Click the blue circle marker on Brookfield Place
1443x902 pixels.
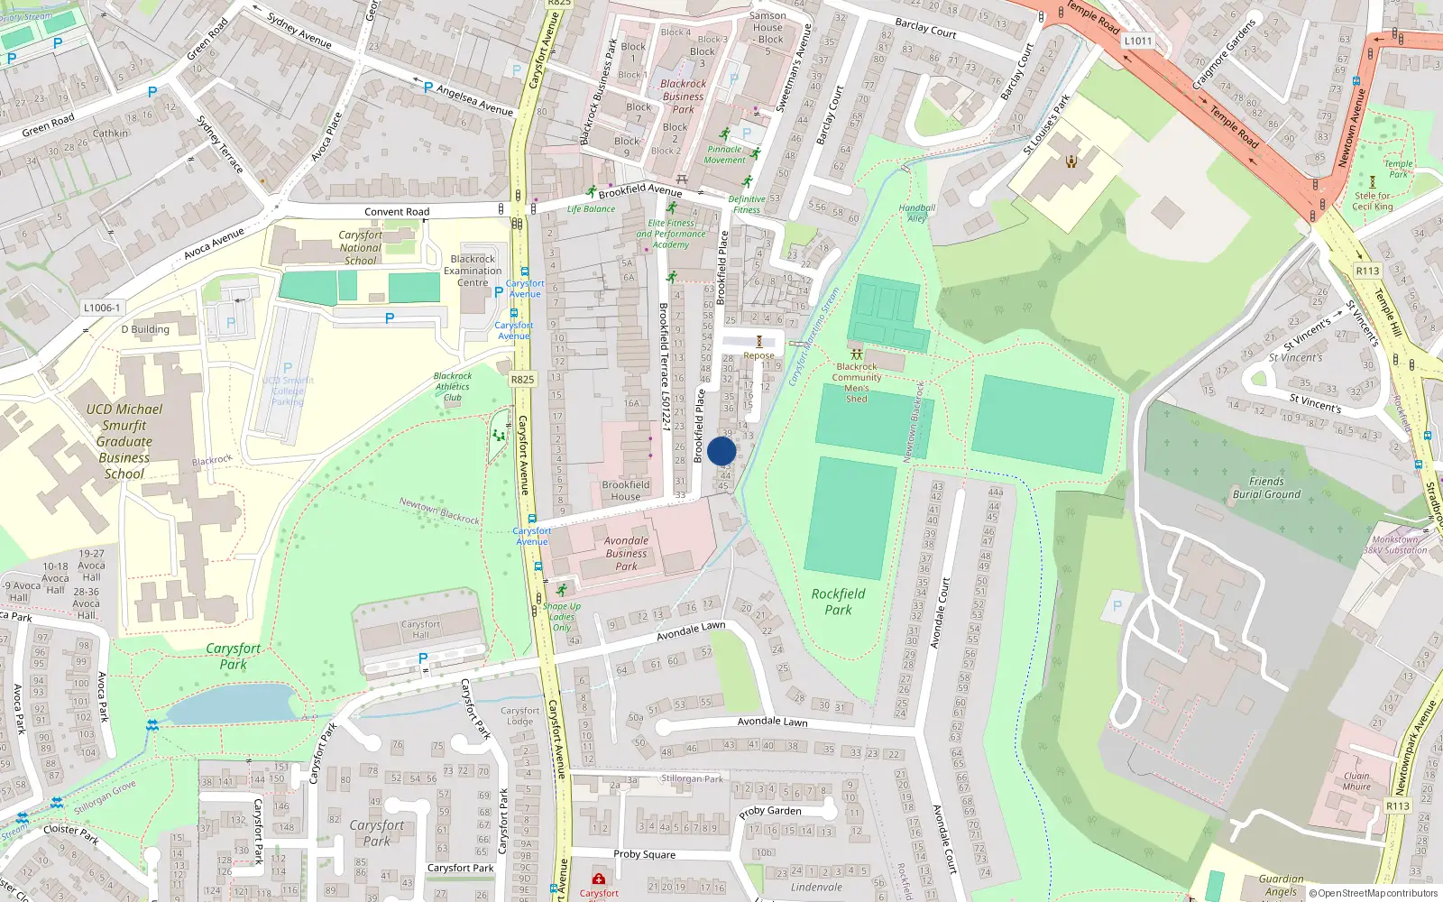(721, 451)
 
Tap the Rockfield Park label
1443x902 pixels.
(838, 602)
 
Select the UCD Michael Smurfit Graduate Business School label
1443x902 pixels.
(124, 441)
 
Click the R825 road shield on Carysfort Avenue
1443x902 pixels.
(522, 380)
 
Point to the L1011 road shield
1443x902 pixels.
(1138, 41)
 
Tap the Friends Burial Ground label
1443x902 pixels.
(1266, 488)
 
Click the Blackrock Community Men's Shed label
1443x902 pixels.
(857, 382)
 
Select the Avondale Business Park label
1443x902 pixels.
(626, 554)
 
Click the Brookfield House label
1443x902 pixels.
(626, 491)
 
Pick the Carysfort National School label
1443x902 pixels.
(361, 248)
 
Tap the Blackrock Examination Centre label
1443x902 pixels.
(473, 271)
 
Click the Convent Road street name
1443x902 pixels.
(397, 212)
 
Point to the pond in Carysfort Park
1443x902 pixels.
(230, 704)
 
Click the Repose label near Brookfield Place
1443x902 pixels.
(758, 355)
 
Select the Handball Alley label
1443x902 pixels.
(916, 213)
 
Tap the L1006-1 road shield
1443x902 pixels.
(102, 308)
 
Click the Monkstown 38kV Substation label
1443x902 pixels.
(1395, 545)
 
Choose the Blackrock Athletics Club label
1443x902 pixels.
(453, 387)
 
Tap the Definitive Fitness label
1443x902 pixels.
(747, 205)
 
